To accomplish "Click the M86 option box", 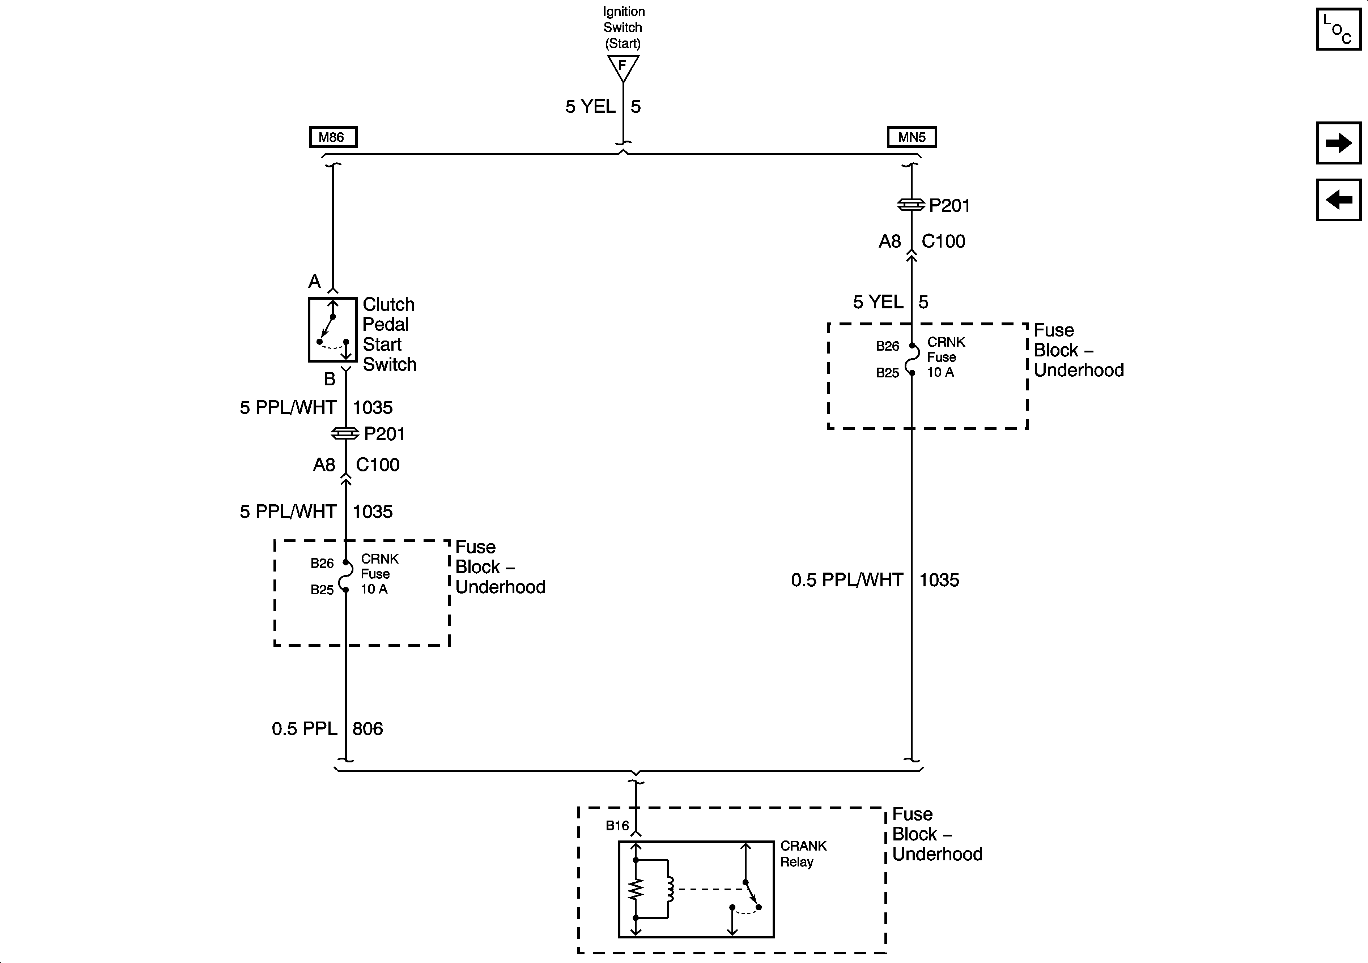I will click(x=332, y=137).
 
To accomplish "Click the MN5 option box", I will click(x=911, y=137).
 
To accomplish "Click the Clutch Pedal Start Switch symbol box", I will click(x=332, y=329).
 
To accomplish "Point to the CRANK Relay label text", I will click(x=803, y=853).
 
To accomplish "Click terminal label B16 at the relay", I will click(x=617, y=825).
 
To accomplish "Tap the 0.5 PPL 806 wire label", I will click(x=327, y=728).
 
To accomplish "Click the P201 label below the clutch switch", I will click(x=384, y=433).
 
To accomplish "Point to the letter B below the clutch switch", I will click(x=330, y=379).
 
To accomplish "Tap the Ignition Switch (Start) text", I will click(x=623, y=27).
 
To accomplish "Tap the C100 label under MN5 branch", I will click(x=943, y=241).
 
